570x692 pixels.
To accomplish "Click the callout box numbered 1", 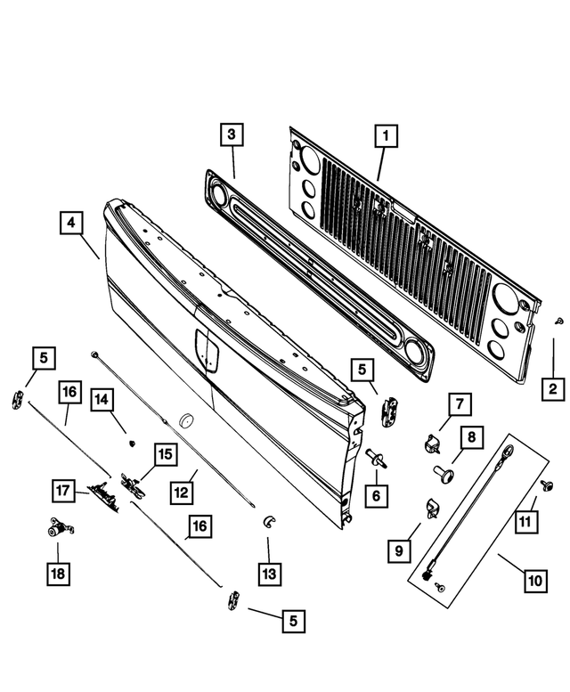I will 385,137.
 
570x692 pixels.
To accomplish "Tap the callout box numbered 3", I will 231,135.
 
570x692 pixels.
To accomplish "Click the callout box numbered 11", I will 526,518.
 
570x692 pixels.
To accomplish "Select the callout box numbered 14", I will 102,401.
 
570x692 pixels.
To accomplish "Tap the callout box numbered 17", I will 61,491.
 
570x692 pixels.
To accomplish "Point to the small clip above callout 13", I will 267,520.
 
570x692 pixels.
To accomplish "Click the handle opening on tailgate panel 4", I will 208,348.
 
